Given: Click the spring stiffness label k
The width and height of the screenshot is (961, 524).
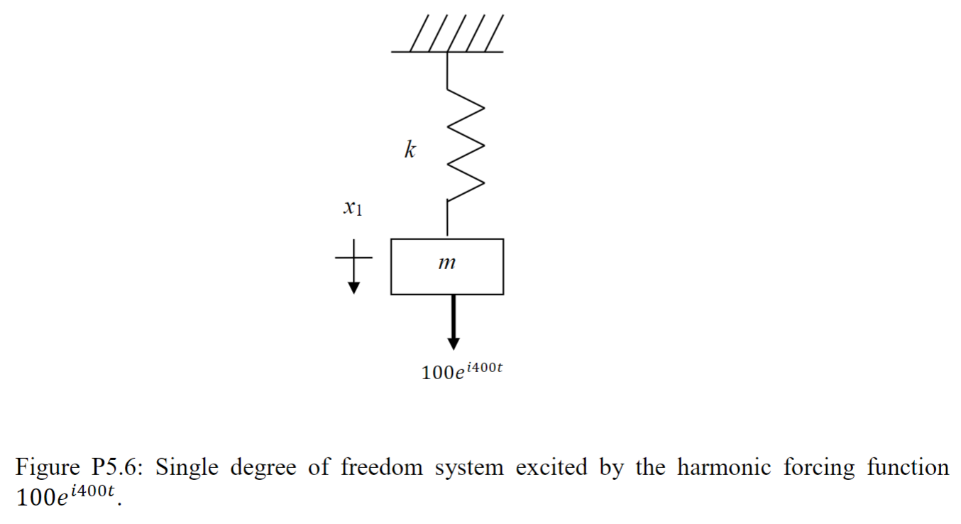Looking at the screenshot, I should point(410,150).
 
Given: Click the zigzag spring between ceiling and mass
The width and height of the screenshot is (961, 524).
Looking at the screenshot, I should point(465,150).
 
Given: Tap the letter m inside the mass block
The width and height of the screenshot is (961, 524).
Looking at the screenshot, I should point(446,264).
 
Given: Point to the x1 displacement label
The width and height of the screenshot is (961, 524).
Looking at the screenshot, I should point(351,208).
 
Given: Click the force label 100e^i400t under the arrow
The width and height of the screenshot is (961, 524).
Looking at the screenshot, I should point(462,371).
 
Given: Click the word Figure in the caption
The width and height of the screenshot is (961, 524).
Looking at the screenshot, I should point(48,469).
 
